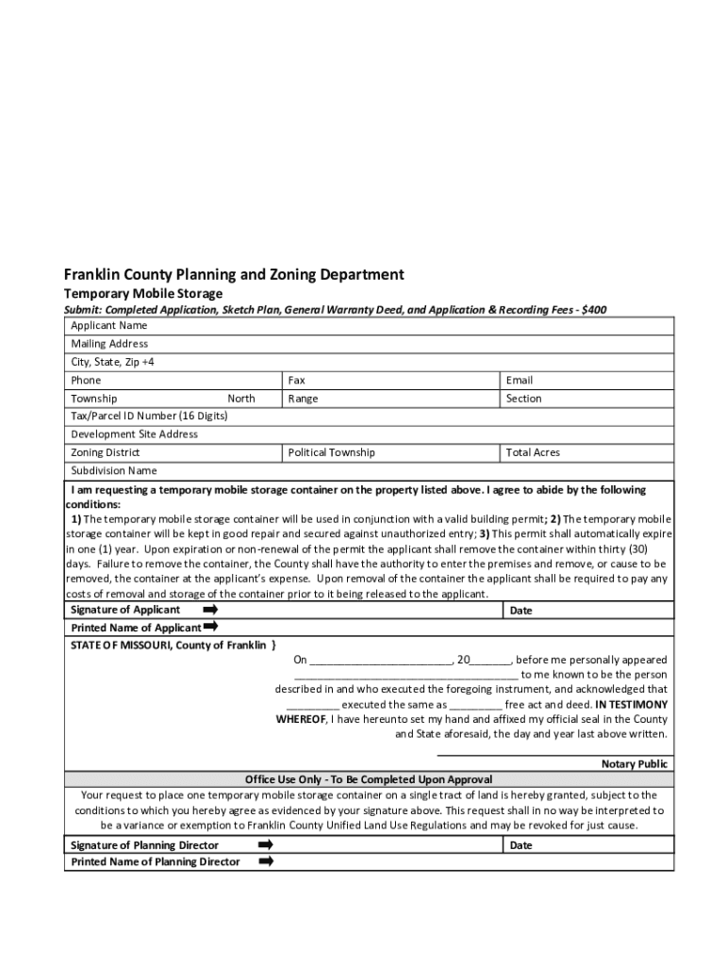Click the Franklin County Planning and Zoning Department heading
[234, 274]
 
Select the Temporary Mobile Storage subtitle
[143, 294]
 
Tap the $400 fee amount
[595, 309]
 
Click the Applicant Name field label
[109, 326]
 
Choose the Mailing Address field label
[109, 344]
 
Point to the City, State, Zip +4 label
[113, 362]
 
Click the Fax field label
[297, 381]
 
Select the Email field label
[520, 381]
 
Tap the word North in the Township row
[241, 399]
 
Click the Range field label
[304, 399]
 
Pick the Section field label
[524, 399]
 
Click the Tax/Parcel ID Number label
[150, 416]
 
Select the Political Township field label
[332, 452]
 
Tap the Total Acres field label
[533, 452]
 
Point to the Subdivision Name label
[114, 470]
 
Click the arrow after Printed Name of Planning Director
[266, 860]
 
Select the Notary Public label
[635, 764]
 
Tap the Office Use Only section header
[369, 779]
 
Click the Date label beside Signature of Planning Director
[521, 845]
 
